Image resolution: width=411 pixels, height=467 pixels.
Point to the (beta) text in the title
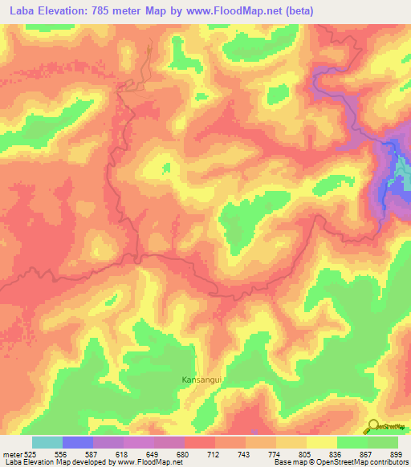294,11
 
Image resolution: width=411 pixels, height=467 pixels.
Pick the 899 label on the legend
396,454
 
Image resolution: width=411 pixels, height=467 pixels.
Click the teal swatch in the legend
47,442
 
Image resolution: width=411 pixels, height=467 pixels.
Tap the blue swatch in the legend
78,442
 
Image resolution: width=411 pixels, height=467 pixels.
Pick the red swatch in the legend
199,442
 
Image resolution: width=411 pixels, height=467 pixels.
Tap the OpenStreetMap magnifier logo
374,425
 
